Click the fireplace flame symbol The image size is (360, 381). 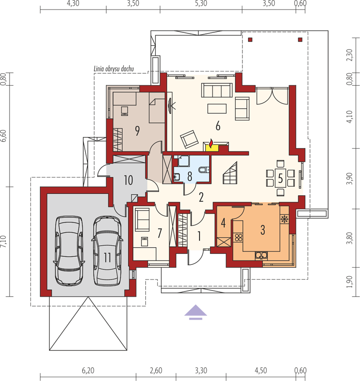coord(211,143)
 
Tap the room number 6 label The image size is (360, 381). coord(218,126)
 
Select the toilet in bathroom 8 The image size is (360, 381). coord(203,170)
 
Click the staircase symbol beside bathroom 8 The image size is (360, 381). coord(230,173)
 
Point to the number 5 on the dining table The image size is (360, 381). coord(280,179)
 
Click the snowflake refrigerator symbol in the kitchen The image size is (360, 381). coord(283,219)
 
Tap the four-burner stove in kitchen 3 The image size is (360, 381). coord(238,237)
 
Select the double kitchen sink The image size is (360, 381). coord(261,255)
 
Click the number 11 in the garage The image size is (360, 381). coord(107,257)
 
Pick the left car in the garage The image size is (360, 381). coord(69,251)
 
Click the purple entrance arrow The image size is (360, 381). coord(196,312)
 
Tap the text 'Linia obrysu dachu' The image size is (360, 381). coord(114,69)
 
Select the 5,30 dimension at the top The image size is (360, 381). coord(201,3)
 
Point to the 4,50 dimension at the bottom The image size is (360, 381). coord(260,371)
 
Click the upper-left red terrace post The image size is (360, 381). coord(250,40)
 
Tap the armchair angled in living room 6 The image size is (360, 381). coord(189,139)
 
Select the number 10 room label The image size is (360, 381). coord(128,180)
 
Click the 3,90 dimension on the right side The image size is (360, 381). coord(350,179)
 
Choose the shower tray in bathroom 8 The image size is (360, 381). coord(183,161)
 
